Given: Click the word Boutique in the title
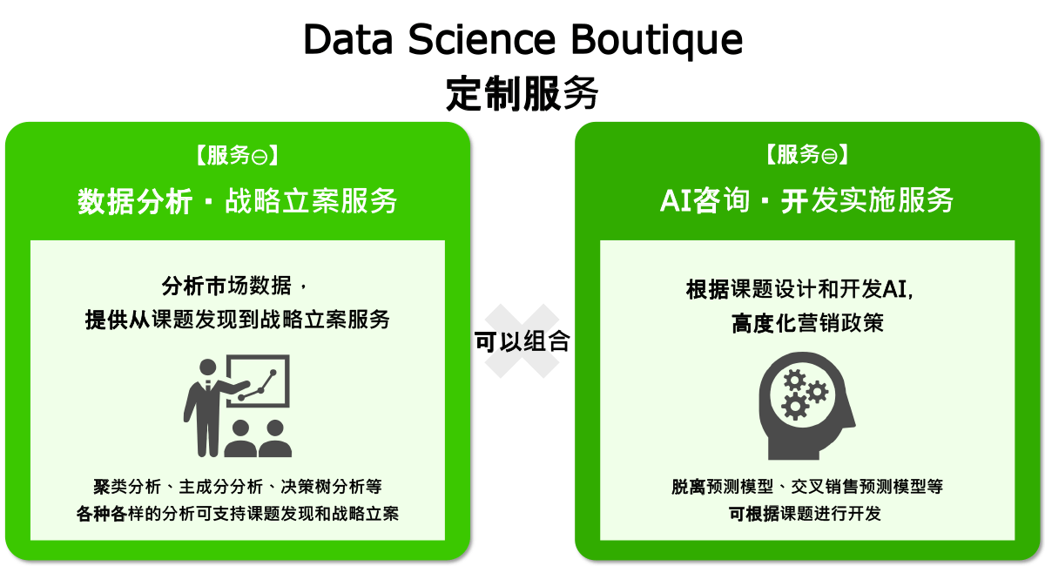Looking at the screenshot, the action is (x=657, y=41).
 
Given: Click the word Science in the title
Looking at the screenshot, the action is (x=482, y=39).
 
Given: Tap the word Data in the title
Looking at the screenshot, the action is (x=348, y=39).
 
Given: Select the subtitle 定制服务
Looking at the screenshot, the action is (x=522, y=93).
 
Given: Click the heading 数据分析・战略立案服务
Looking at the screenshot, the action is (x=238, y=201).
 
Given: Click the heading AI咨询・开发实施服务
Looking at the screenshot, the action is (x=806, y=200).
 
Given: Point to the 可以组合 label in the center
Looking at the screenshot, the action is (x=522, y=341).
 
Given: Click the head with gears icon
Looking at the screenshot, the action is (x=806, y=406).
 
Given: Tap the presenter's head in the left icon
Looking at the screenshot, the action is (x=207, y=367).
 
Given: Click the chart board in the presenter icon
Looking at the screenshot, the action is (x=258, y=381).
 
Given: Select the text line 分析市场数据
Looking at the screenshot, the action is (x=226, y=286).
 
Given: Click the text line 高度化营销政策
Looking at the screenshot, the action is (x=807, y=323).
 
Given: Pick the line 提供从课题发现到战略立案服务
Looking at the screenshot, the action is (x=238, y=320).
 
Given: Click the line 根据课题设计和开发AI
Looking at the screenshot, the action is (x=799, y=289).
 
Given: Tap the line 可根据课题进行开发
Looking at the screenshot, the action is (x=805, y=514).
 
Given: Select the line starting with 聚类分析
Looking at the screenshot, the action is (x=238, y=487).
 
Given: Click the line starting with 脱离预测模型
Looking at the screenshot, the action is (x=807, y=487).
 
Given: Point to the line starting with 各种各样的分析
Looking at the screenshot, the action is (x=238, y=514).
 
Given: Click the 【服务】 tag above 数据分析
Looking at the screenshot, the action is (x=238, y=155).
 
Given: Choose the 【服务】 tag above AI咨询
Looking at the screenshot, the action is (x=807, y=154).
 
